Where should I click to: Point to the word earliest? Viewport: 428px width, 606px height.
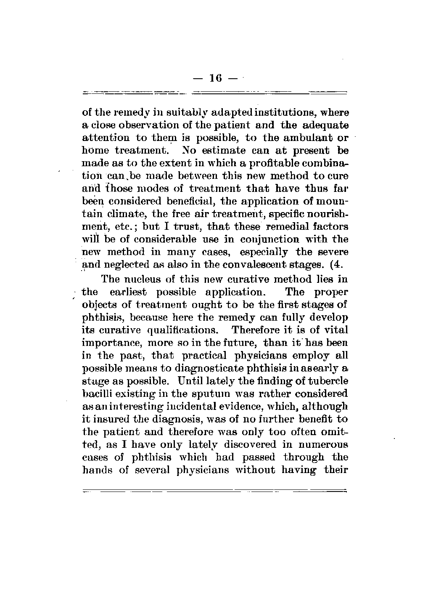click(130, 292)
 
